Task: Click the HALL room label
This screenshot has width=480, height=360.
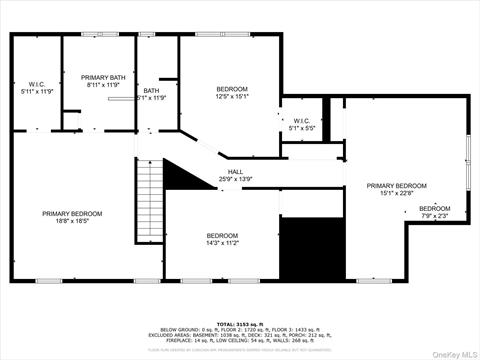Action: (235, 172)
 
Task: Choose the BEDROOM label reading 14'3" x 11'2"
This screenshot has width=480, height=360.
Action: (222, 237)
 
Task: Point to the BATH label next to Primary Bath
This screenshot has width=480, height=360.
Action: (151, 90)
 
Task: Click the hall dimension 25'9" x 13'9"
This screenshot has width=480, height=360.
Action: (235, 179)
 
